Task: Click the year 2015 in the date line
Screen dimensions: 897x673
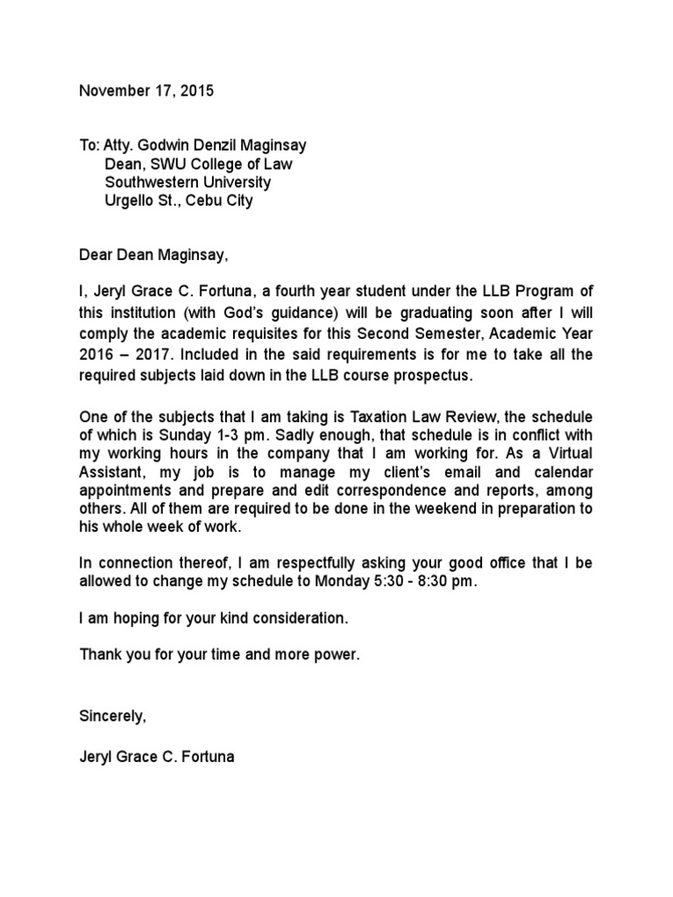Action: pyautogui.click(x=195, y=90)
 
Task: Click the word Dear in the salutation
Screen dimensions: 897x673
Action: pyautogui.click(x=96, y=255)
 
